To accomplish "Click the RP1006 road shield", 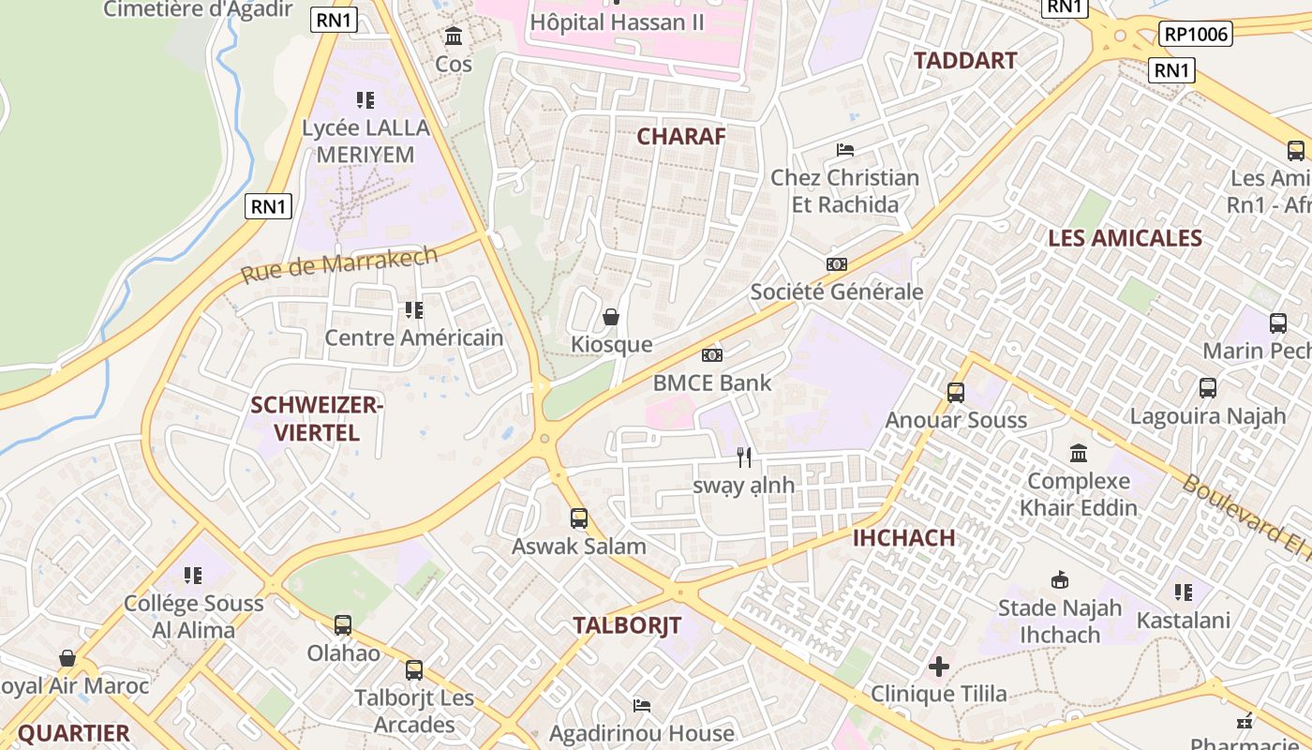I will (1195, 35).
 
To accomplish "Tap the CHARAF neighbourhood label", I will (681, 136).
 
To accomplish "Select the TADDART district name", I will (965, 61).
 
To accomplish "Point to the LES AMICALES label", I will (1125, 238).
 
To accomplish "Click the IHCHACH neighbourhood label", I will (904, 538).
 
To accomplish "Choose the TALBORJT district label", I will (627, 625).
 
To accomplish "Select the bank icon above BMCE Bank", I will (712, 355).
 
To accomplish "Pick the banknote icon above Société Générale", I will (837, 264).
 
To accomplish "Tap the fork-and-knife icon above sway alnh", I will (744, 457).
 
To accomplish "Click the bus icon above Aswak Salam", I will (579, 518).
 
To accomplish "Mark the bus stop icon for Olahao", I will (343, 625).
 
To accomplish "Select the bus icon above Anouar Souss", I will (956, 393).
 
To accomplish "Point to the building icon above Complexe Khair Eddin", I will (1079, 454).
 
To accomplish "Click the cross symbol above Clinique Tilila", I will (938, 667).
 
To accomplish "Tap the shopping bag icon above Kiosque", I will (611, 317).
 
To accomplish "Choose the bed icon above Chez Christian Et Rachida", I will (844, 150).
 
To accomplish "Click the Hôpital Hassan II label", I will (617, 22).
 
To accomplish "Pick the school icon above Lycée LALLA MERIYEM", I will (365, 99).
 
